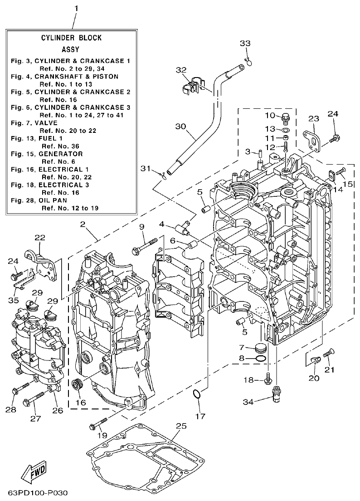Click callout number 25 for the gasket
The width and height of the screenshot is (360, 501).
[181, 426]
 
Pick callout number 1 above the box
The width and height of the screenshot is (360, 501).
[76, 9]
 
